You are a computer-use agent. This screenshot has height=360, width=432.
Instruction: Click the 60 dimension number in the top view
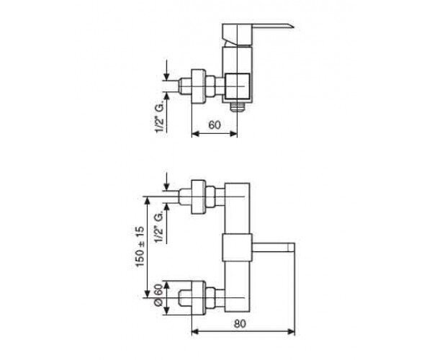215,125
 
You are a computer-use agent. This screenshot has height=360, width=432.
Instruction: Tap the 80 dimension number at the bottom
240,324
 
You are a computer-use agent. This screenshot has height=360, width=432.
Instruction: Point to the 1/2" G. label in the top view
160,117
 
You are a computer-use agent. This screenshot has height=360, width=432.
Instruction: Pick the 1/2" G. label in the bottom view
160,228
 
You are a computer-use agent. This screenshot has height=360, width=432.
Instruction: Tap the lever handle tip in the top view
294,26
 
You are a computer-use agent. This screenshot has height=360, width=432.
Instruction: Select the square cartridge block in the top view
238,86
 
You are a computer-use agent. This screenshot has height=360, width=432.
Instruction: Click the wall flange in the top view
199,87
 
